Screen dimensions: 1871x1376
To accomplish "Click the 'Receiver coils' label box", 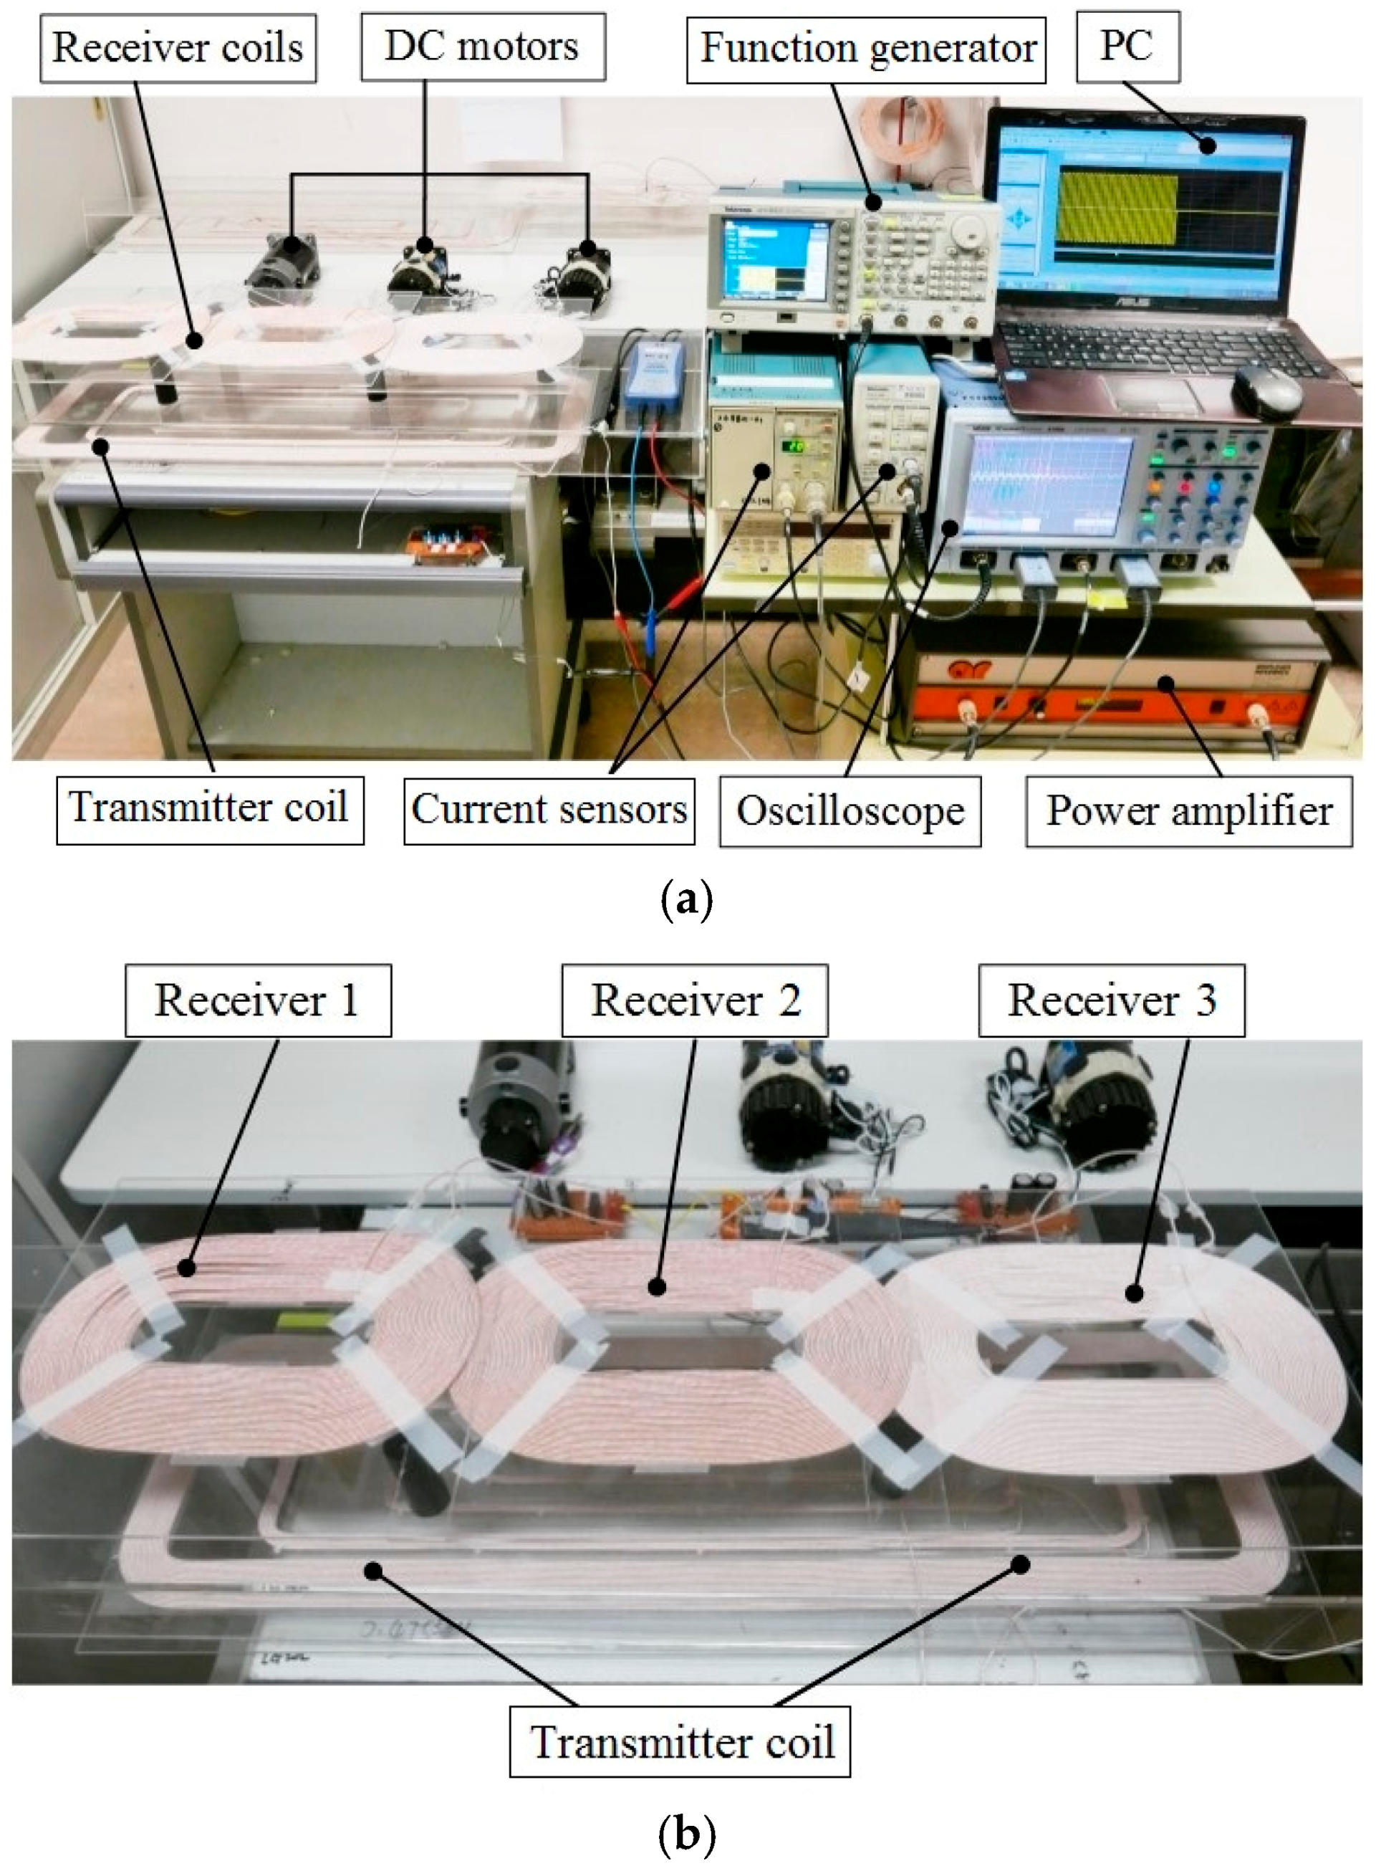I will [x=178, y=48].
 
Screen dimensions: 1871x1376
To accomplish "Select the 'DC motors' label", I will [x=482, y=47].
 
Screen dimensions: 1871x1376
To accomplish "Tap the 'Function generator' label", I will [x=866, y=48].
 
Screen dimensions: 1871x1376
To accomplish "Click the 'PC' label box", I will [x=1127, y=47].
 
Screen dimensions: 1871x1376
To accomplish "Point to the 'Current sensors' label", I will [x=549, y=810].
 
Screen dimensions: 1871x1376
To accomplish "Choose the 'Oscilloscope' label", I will [x=850, y=811].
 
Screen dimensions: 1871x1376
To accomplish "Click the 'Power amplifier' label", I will [x=1188, y=811].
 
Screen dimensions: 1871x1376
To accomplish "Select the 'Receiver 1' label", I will [x=257, y=1000].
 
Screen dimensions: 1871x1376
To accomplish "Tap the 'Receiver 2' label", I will [x=695, y=1000].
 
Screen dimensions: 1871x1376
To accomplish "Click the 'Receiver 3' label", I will [x=1111, y=1000].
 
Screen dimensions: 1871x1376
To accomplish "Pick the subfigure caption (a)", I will [x=686, y=901].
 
